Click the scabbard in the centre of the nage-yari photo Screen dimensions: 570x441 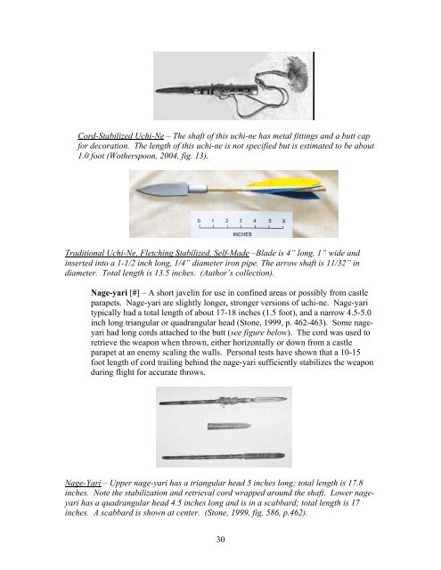point(221,422)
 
